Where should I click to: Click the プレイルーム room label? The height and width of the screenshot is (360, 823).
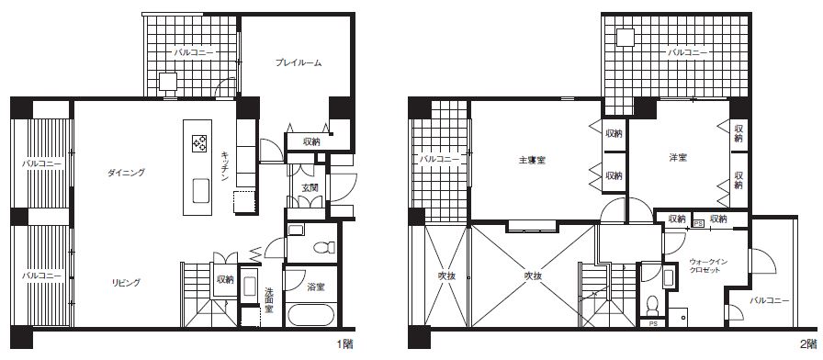299,63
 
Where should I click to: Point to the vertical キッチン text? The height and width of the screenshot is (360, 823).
224,166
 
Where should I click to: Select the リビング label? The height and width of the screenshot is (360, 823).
126,283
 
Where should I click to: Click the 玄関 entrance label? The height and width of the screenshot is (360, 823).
308,186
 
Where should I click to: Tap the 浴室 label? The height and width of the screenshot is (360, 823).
317,287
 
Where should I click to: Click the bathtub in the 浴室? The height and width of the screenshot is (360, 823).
310,315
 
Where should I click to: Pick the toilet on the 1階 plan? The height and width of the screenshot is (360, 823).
320,247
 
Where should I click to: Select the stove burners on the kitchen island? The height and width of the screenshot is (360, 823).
199,143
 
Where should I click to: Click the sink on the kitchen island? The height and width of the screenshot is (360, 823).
201,190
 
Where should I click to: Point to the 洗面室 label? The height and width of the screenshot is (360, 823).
269,299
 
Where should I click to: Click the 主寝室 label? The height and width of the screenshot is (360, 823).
536,161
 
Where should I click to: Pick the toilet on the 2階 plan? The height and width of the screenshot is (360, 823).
652,304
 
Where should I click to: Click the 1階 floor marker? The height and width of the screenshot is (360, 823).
344,344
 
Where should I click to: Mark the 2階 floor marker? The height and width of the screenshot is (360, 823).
808,344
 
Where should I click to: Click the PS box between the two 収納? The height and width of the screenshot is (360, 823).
698,223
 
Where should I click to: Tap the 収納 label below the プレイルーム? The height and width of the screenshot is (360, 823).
311,141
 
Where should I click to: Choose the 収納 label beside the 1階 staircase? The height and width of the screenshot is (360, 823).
226,280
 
